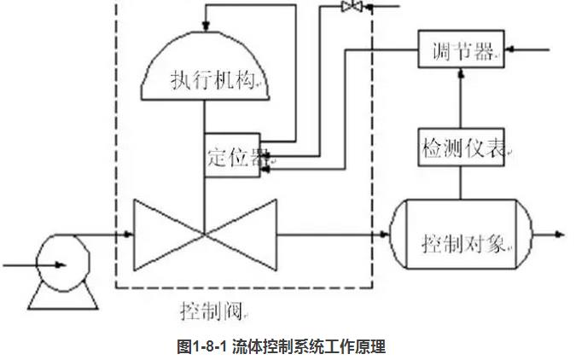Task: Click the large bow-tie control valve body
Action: [x=203, y=233]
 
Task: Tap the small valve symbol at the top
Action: [x=351, y=7]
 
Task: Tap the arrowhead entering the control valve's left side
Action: [x=128, y=232]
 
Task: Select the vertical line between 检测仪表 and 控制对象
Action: [x=460, y=183]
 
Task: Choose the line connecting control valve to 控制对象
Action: [x=333, y=232]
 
